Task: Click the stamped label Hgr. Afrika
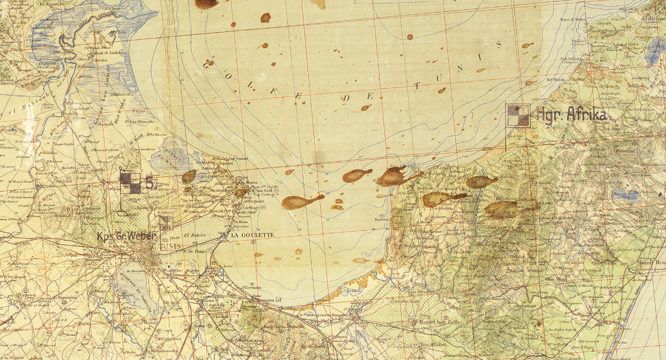click(572, 114)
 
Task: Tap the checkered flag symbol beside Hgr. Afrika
click(518, 115)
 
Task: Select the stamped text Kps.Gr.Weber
click(127, 236)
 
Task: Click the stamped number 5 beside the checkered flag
click(149, 183)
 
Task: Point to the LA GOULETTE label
click(253, 235)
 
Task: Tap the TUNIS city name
click(170, 246)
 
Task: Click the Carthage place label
click(251, 207)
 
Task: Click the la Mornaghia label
click(62, 297)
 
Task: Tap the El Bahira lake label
click(194, 235)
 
